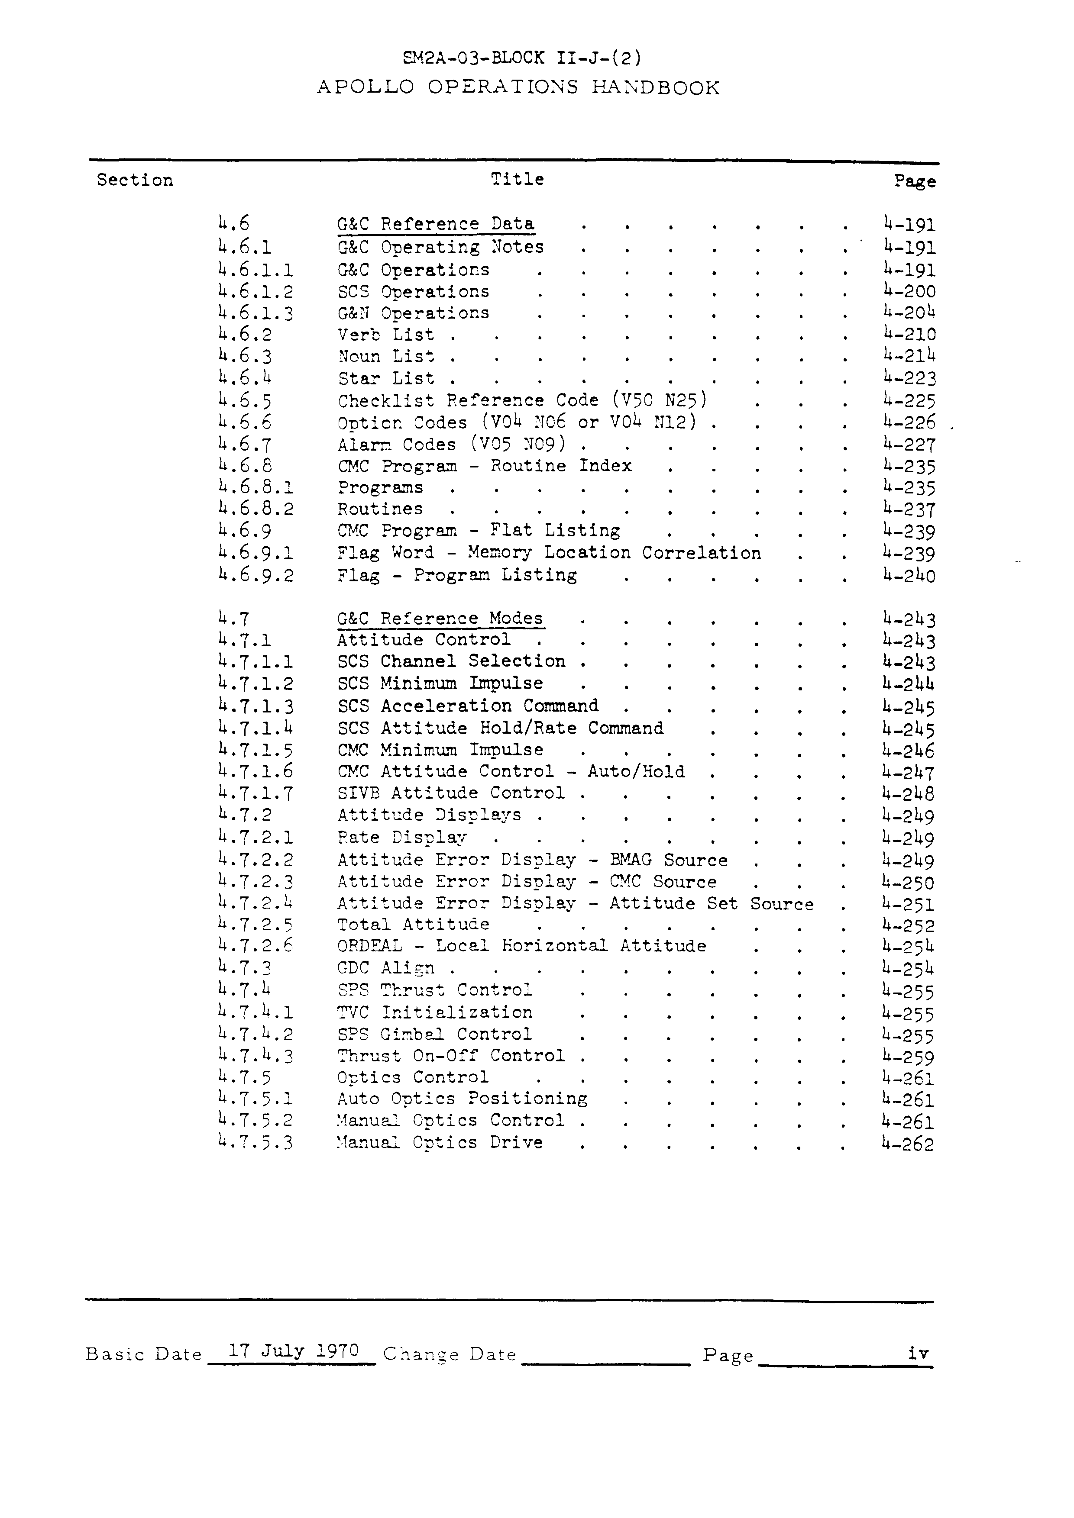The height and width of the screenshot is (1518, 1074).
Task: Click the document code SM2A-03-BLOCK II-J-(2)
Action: [521, 58]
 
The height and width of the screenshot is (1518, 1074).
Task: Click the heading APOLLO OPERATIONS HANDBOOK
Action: [518, 87]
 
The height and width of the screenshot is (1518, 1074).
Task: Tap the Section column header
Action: [135, 180]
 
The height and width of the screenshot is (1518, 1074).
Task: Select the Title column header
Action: [517, 179]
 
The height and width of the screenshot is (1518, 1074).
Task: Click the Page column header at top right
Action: [915, 181]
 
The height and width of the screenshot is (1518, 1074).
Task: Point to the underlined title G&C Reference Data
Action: [436, 224]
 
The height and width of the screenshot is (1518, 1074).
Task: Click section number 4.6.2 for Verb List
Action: [245, 335]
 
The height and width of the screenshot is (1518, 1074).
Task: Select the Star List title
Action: [386, 379]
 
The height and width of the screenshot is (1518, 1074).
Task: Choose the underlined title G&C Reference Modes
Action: [440, 619]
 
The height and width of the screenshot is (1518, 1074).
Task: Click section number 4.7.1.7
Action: [255, 793]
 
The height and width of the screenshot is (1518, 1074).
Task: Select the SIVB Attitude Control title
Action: [451, 793]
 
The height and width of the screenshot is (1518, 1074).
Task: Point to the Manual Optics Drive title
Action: [440, 1142]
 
